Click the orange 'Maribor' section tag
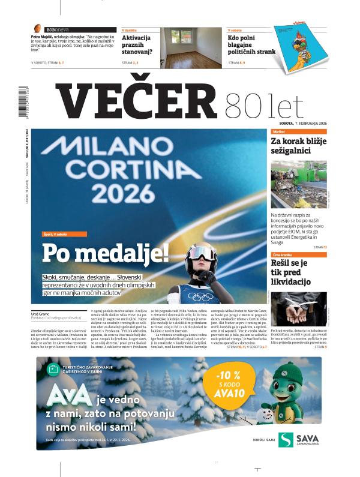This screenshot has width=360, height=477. pos(278,131)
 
